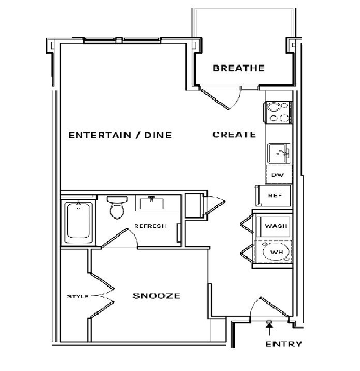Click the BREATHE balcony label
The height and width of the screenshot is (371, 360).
point(238,68)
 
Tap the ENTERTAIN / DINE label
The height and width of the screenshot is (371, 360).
point(120,135)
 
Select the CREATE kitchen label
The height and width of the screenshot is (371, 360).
point(234,135)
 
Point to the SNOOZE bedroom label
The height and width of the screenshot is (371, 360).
point(156,296)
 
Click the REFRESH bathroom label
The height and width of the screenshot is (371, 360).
point(151,226)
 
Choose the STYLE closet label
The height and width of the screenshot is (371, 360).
point(78,297)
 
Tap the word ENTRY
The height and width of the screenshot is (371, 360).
point(284,344)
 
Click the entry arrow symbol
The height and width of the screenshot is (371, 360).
point(269,328)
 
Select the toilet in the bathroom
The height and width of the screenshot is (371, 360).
point(117,207)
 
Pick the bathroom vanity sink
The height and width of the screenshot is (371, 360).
point(152,203)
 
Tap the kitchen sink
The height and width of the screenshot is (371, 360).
point(279,153)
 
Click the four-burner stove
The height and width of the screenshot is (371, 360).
point(278,113)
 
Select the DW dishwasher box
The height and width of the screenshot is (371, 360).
point(279,175)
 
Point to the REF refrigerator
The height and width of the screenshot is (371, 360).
point(273,196)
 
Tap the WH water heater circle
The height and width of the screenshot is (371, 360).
point(276,252)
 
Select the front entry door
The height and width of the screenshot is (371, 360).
point(270,307)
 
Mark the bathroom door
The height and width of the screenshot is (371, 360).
point(119,238)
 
